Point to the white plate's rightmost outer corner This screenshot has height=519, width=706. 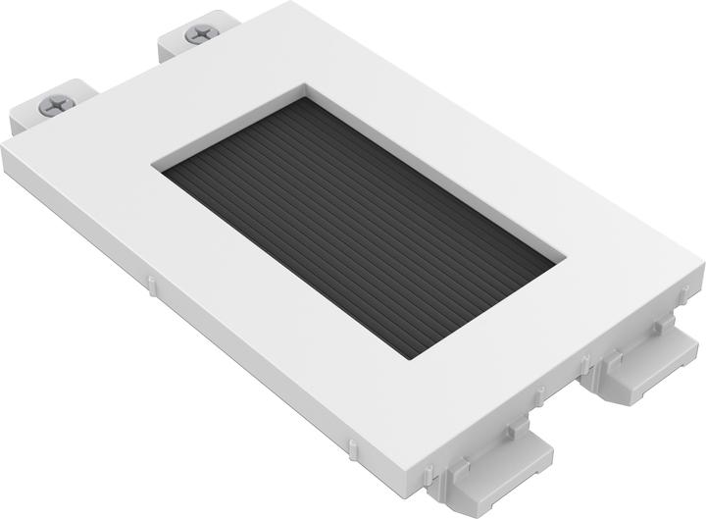(x=702, y=263)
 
